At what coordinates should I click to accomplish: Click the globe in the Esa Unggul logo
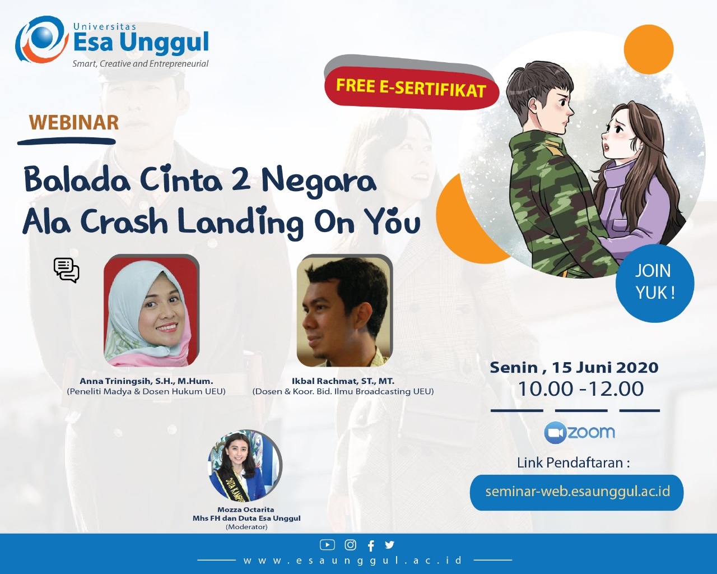(x=43, y=38)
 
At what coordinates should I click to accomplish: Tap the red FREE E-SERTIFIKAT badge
(x=412, y=88)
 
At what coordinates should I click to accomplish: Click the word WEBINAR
(x=73, y=122)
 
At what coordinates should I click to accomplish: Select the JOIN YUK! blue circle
(x=655, y=283)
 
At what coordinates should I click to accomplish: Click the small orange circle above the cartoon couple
(x=648, y=49)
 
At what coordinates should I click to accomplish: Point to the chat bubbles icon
(x=66, y=270)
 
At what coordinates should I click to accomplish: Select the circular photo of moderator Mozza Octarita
(x=245, y=466)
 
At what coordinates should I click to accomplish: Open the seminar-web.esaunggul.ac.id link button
(x=576, y=493)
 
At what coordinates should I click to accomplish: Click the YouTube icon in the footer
(x=327, y=545)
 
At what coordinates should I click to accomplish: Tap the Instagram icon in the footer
(x=350, y=545)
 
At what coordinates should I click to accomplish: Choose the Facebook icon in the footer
(x=371, y=545)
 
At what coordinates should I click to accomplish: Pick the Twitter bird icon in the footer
(x=389, y=545)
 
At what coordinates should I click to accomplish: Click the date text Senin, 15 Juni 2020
(x=574, y=368)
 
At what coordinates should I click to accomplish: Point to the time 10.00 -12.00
(x=580, y=389)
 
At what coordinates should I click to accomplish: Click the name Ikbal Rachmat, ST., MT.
(x=343, y=381)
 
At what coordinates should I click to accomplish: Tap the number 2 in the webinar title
(x=241, y=180)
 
